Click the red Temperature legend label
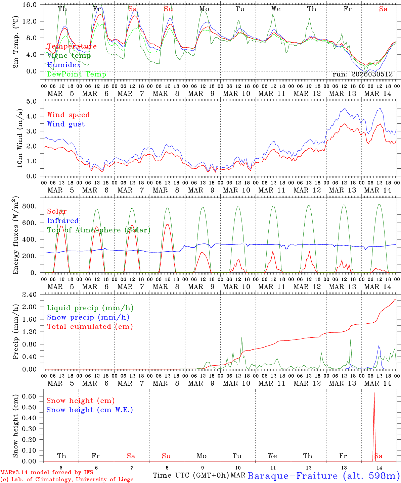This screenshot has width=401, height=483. pos(72,46)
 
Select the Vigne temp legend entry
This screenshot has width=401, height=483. pos(69,56)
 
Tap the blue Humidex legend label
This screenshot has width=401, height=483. pos(64,65)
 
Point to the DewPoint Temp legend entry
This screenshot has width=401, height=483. pos(77,74)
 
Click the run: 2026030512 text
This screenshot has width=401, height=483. pos(362,74)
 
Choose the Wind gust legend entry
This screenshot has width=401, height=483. pos(66,124)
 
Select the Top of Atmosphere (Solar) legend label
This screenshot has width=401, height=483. pos(99,230)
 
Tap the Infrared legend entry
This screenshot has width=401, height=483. pos(63,221)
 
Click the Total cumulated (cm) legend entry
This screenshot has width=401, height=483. pos(90,326)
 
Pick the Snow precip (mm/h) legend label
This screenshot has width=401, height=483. pos(88,317)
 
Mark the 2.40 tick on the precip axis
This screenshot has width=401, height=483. pos(30,294)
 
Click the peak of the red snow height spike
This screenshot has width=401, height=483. pos(374,393)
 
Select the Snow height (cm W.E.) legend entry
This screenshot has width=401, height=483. pos(90,410)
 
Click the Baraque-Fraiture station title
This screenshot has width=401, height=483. pos(323,476)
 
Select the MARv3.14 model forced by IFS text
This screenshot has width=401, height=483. pos(47,473)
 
